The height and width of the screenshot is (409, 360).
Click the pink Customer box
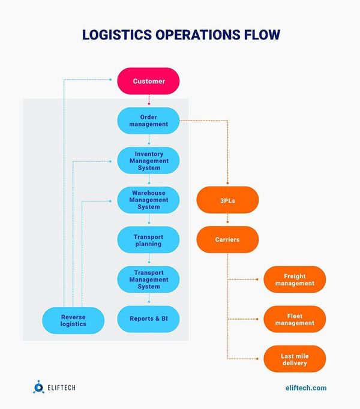coord(148,81)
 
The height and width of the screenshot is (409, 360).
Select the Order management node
coord(148,121)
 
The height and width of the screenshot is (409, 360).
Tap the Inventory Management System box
coord(148,161)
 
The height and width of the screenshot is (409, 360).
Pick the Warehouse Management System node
coord(148,200)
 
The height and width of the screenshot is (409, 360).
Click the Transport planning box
coord(148,240)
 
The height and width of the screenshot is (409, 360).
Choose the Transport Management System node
coord(148,279)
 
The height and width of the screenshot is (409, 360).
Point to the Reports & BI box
coord(148,319)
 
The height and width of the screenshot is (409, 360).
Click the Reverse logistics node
coord(73,320)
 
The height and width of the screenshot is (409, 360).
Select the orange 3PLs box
coord(227,201)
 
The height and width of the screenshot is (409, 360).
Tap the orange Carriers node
coord(227,239)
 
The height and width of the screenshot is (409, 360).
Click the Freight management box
coord(295,279)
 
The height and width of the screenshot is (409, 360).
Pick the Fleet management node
coord(295,319)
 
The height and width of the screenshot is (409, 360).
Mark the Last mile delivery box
coord(295,359)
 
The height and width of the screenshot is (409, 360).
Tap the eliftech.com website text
coord(303,388)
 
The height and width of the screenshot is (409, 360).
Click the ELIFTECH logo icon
coord(38,388)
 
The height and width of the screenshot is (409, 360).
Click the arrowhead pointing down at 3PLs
coord(227,183)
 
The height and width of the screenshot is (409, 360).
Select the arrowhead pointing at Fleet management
coord(260,319)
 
